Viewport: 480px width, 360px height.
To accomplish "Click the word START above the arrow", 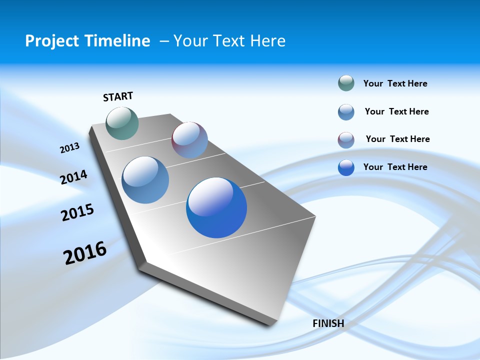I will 118,96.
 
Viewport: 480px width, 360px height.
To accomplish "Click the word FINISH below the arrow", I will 328,323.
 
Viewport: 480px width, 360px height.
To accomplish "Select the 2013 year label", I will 69,148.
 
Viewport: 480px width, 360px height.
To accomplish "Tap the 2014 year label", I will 73,177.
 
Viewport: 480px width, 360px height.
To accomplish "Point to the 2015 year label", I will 77,212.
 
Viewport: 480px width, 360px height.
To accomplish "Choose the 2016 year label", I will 85,253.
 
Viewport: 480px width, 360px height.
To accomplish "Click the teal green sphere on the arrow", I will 122,123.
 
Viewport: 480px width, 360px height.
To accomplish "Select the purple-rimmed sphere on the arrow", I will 189,140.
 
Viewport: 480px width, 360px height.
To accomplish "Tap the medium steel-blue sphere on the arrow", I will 145,180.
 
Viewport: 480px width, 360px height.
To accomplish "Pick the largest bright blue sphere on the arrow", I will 216,207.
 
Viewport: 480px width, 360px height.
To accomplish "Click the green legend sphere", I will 346,83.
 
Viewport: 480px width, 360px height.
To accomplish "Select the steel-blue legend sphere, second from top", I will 346,112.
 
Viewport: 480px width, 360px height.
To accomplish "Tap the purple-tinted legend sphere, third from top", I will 346,140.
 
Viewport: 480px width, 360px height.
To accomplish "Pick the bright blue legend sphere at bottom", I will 346,167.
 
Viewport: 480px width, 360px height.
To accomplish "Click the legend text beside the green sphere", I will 395,83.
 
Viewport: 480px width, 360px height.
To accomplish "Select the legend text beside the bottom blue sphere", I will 395,167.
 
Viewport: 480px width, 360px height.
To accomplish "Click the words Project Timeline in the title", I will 87,40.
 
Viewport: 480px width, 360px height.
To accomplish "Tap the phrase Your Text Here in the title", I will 229,40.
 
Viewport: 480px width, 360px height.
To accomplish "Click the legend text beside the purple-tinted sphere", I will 397,139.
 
